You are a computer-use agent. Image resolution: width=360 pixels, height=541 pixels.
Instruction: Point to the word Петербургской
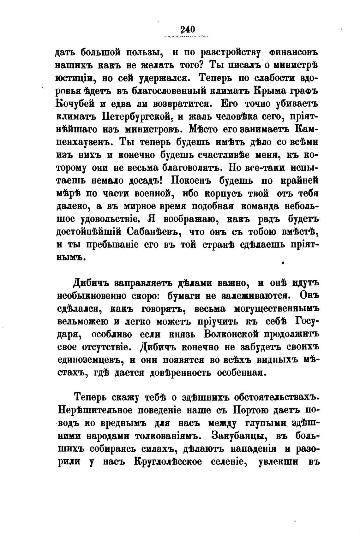click(x=138, y=116)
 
